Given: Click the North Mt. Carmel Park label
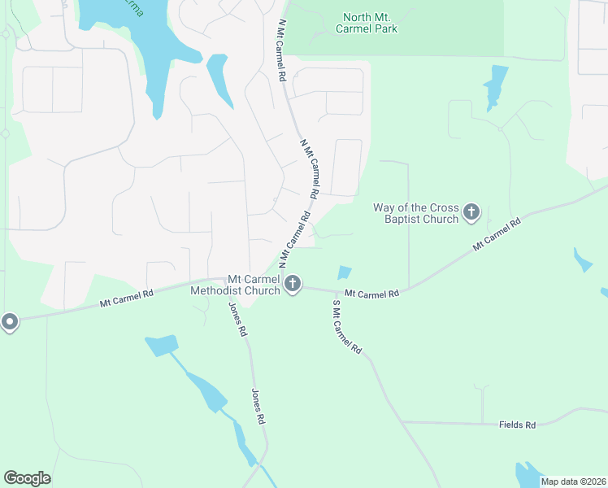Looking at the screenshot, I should (x=370, y=22).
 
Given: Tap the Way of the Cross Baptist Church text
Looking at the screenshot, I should (x=416, y=213).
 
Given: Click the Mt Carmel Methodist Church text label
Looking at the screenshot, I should (x=236, y=284).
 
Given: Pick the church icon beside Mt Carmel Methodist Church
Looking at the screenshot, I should (x=293, y=284).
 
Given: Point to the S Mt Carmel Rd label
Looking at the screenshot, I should (x=347, y=326).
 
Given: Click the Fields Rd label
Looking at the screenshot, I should (x=518, y=425).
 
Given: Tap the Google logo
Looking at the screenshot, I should (x=27, y=478).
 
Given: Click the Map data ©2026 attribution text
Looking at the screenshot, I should (x=573, y=481).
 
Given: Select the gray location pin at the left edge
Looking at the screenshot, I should (x=9, y=323).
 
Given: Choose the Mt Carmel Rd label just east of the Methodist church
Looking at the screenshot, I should (x=371, y=293).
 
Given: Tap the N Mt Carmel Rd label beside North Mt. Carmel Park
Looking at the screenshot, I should (x=280, y=50).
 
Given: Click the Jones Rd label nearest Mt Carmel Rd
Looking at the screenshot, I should (x=237, y=320).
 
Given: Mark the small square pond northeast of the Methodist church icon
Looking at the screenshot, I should (x=345, y=273).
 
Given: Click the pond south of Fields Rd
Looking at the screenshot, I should (x=528, y=475).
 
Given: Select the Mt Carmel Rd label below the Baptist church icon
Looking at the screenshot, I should (x=497, y=233).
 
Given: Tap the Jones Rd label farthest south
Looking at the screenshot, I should (x=258, y=407).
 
